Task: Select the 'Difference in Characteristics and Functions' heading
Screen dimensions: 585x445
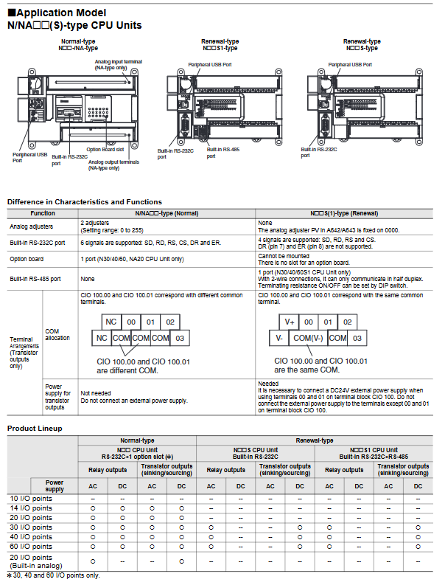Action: coord(85,201)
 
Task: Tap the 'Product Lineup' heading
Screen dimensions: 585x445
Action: coord(35,429)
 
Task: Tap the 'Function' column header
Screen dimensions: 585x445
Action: coord(43,212)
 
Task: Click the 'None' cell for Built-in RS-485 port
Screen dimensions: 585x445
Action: coord(88,279)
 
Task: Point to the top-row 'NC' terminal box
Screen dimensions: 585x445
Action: coord(111,322)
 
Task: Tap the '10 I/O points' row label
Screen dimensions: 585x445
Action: coord(31,499)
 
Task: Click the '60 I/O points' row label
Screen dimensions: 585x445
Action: coord(31,547)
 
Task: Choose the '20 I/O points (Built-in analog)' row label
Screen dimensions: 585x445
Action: coord(32,561)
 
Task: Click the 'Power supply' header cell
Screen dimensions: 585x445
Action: coord(55,486)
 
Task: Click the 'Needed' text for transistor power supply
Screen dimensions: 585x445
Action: coord(268,384)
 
